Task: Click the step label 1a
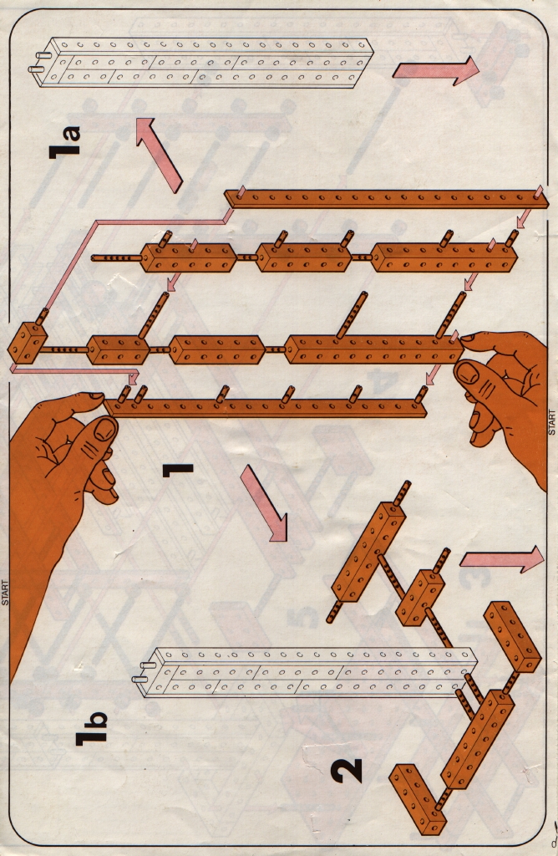pos(65,142)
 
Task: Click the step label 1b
pos(92,729)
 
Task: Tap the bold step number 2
pos(347,770)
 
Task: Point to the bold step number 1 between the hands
pos(178,470)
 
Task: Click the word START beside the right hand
pos(551,422)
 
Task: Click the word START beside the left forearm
pos(6,593)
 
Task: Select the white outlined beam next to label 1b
pos(306,671)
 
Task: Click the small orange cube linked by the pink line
pos(26,343)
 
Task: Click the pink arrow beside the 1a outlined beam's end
pos(436,70)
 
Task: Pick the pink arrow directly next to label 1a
pos(159,154)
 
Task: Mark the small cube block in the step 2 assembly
pos(420,597)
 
